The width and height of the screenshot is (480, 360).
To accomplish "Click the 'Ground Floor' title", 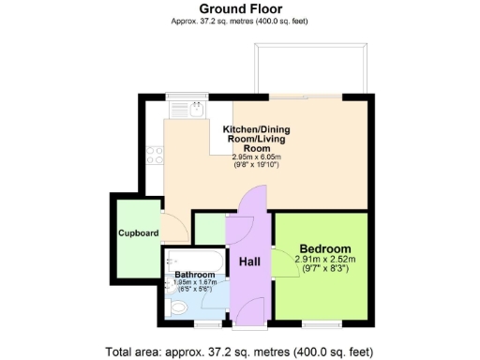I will [x=239, y=9].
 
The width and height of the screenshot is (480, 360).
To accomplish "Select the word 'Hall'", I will [x=249, y=262].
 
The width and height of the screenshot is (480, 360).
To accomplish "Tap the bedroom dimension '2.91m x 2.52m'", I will [x=324, y=259].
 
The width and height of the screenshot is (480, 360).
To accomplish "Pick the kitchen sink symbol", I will [x=186, y=109].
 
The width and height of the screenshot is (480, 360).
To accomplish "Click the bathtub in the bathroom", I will [x=193, y=260].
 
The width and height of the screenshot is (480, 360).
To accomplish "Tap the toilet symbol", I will [x=179, y=307].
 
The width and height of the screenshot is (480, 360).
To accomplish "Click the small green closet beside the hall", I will [x=207, y=229].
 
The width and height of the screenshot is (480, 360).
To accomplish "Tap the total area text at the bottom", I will [x=239, y=352].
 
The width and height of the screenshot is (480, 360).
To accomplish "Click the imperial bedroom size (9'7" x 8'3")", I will [x=324, y=268].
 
